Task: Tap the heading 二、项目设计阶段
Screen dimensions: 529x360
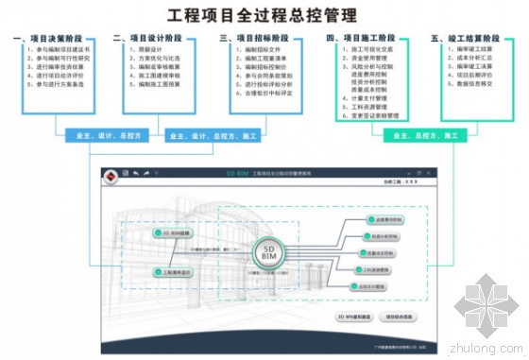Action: (x=150, y=39)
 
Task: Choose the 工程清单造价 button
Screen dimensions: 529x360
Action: (x=177, y=272)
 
